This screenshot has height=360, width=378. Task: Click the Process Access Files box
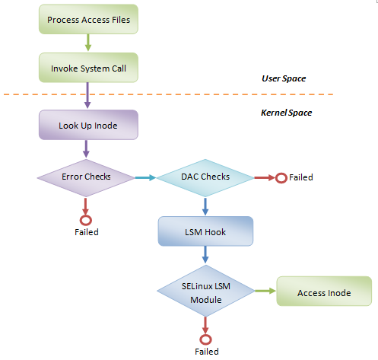point(89,18)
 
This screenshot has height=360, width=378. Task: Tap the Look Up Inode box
point(88,125)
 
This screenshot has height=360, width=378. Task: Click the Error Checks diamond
point(86,177)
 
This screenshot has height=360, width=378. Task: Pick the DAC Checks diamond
point(205,177)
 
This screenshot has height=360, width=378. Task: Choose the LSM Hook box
point(205,231)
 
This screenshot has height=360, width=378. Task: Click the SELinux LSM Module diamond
point(205,293)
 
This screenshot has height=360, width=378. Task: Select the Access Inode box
point(324,293)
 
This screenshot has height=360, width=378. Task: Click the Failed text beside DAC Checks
point(301,177)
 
